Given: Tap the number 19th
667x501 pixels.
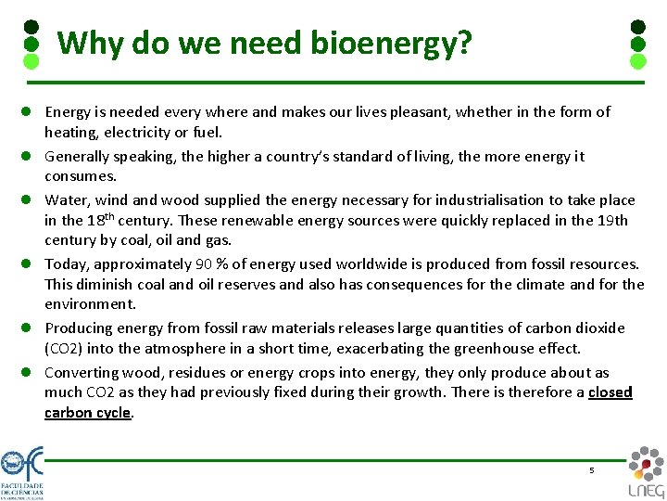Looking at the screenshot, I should point(610,220).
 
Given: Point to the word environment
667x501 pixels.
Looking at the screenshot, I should point(90,304).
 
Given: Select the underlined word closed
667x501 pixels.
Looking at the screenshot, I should point(610,392).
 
